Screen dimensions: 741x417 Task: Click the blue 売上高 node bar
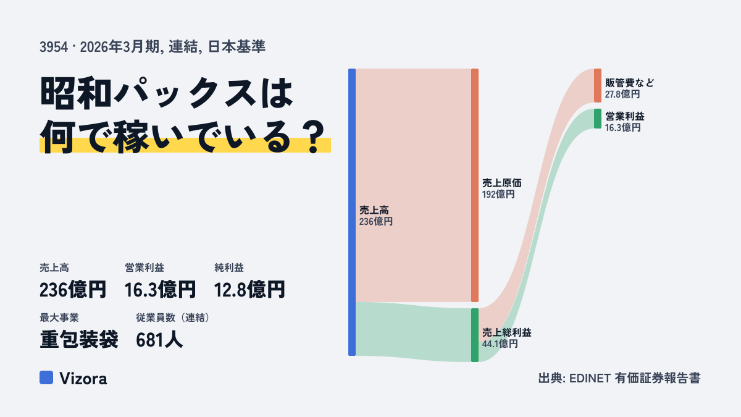[352, 212]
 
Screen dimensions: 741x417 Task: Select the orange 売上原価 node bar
[475, 185]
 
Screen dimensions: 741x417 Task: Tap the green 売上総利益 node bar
[475, 335]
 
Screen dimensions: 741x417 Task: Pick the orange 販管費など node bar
[598, 85]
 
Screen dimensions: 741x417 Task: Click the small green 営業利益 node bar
[598, 119]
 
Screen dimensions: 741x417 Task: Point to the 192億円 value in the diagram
[498, 194]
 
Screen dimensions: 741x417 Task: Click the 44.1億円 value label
[500, 344]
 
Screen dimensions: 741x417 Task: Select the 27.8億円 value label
[622, 95]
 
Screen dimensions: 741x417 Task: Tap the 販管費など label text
[629, 83]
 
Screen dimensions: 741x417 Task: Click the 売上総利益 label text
[507, 332]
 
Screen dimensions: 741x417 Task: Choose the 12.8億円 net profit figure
[249, 290]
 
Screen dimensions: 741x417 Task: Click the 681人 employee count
[159, 340]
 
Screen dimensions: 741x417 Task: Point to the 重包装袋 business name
[79, 340]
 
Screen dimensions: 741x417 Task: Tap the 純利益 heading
[229, 267]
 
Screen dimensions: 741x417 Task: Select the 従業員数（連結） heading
[173, 318]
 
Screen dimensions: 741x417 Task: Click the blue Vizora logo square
[46, 377]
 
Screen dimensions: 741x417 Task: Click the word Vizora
[83, 378]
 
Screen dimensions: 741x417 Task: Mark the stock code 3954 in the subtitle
[54, 47]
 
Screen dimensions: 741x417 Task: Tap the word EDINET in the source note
[590, 378]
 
